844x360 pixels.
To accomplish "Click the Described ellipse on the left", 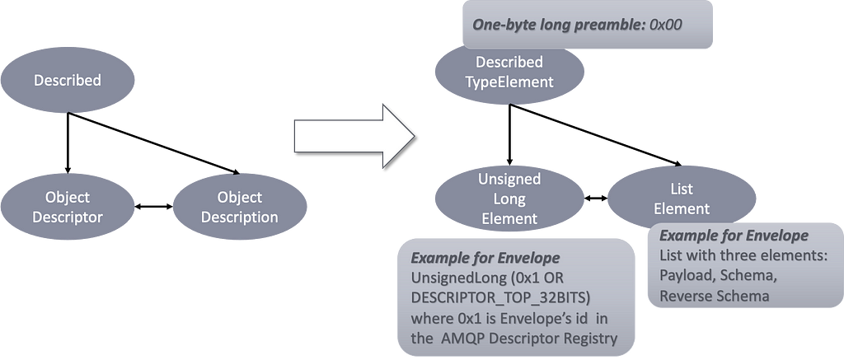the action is coord(68,80).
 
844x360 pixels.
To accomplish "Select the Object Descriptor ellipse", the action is coord(68,207).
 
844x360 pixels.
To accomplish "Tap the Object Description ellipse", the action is coord(240,207).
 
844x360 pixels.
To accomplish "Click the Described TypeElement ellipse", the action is coord(509,72).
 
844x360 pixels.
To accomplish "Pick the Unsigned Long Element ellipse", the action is coord(509,199).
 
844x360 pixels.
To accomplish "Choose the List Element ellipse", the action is coord(682,199).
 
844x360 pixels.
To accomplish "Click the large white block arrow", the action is coord(354,136).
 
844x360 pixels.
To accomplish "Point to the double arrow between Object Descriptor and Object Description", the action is coord(153,206).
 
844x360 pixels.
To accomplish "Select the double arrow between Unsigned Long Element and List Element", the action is coord(596,198).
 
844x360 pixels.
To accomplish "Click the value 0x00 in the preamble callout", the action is coord(667,24).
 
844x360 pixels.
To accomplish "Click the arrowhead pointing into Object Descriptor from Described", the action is coord(68,169).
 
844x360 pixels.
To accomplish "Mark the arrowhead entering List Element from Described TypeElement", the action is coord(678,163).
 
